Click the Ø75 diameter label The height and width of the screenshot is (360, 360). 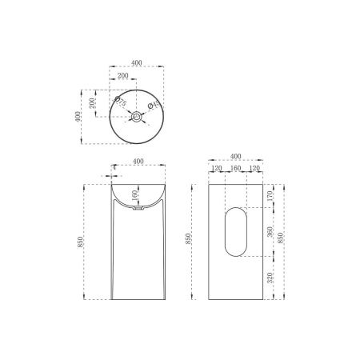[121, 102]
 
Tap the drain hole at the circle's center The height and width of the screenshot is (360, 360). [137, 117]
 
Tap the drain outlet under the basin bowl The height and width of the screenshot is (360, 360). [137, 210]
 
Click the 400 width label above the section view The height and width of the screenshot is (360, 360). [137, 162]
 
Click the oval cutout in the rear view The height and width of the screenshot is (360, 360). [235, 232]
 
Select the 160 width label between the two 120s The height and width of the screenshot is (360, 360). [235, 170]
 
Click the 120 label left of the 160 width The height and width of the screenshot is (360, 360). [216, 170]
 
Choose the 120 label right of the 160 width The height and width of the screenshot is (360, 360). [255, 170]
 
